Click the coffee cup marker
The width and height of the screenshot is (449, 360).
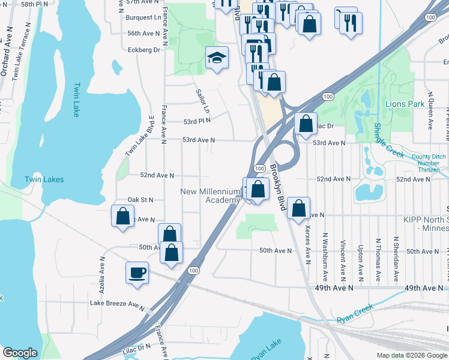137,273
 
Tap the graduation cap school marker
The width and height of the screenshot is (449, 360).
217,58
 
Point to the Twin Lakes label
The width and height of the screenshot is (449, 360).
44,179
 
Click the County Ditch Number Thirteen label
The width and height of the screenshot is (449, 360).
429,163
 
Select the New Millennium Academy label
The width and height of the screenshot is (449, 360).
210,196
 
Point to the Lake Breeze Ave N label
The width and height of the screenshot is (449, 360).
117,304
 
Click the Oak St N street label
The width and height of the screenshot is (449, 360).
140,199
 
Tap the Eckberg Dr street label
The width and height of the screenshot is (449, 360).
144,50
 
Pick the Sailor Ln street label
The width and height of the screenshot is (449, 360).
203,101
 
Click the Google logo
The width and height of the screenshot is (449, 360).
20,353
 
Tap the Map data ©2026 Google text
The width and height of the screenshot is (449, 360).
411,355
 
